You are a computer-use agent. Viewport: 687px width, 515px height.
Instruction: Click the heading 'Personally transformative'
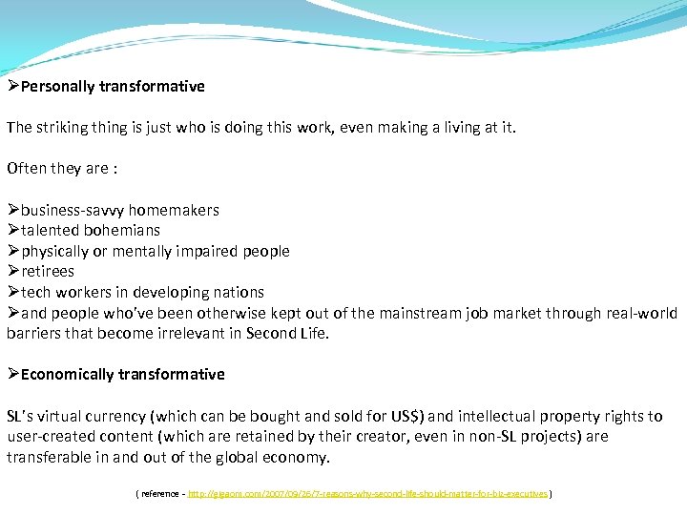pos(113,87)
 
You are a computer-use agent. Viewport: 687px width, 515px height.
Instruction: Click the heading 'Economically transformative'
pos(122,374)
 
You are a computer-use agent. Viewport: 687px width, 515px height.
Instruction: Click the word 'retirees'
pos(48,272)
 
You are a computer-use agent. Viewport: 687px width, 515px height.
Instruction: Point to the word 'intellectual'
pos(499,416)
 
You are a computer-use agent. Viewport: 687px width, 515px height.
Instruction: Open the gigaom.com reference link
pos(368,494)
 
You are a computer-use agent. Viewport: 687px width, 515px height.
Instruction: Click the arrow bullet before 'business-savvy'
pos(13,210)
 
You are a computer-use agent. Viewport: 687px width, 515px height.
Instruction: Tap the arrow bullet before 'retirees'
pos(13,272)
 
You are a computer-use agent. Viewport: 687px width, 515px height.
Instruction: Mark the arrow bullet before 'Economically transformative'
pos(13,374)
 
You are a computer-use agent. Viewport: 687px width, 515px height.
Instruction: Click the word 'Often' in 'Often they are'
pos(27,169)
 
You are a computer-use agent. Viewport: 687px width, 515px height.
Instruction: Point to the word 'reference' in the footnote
pos(162,494)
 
